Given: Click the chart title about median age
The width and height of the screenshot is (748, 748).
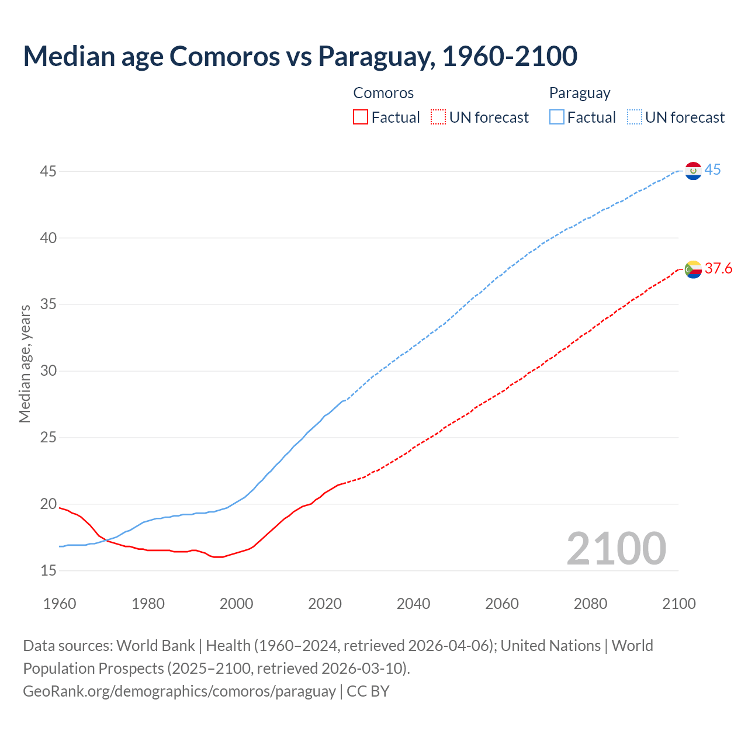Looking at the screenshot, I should click(x=300, y=56).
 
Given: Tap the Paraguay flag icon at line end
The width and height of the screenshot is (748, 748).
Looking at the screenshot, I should click(x=693, y=171).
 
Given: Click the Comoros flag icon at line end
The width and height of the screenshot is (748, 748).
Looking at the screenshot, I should click(x=693, y=269).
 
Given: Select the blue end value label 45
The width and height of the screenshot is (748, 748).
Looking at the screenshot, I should click(x=712, y=170).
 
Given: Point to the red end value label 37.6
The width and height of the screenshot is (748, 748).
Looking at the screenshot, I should click(x=718, y=269).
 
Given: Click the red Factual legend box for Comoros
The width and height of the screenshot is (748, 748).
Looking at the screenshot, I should click(x=361, y=117).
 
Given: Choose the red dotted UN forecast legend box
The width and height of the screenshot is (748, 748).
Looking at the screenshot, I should click(x=438, y=117).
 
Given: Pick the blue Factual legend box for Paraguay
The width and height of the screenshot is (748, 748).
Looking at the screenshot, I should click(x=557, y=117).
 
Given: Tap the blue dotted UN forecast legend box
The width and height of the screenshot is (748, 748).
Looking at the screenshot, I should click(x=634, y=117).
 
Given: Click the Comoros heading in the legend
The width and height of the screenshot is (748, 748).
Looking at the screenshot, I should click(x=383, y=93).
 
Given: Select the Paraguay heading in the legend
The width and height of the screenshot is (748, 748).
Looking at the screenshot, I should click(x=580, y=93).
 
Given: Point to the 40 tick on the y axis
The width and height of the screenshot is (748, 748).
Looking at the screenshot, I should click(x=49, y=238).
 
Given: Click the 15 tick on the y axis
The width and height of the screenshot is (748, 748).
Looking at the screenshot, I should click(x=49, y=570).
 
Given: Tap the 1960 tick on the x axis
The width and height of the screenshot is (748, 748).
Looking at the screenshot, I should click(x=60, y=604).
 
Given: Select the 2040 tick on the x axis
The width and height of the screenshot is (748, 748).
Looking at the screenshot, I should click(x=413, y=604).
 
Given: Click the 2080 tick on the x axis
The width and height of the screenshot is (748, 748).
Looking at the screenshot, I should click(x=590, y=604).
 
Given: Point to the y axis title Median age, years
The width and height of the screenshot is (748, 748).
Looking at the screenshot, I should click(x=25, y=363).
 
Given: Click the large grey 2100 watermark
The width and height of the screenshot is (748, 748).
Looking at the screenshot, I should click(x=616, y=549).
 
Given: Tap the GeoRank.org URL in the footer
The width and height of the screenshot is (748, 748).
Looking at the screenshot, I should click(x=179, y=691).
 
